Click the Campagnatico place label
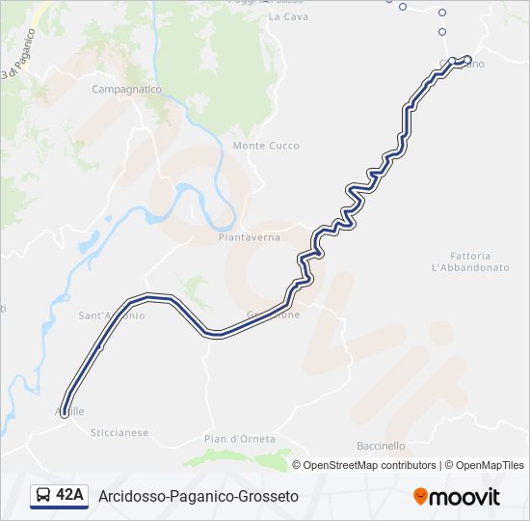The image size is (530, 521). click(125, 89)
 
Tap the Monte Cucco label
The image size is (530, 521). click(266, 146)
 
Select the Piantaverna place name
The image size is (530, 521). click(249, 237)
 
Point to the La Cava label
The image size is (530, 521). click(287, 17)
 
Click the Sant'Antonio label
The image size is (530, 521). click(112, 315)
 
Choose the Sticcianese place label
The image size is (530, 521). click(119, 433)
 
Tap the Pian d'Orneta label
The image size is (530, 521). click(240, 439)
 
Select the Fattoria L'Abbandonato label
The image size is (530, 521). click(470, 260)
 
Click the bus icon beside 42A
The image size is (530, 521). click(43, 496)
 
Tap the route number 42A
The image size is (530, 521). click(70, 496)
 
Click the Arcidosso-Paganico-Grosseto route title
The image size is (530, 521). click(199, 496)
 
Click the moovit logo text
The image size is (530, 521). click(464, 497)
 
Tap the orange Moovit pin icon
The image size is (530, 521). click(420, 496)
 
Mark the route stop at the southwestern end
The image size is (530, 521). click(65, 413)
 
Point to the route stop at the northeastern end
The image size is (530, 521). click(467, 61)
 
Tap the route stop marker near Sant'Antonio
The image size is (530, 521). click(99, 345)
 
